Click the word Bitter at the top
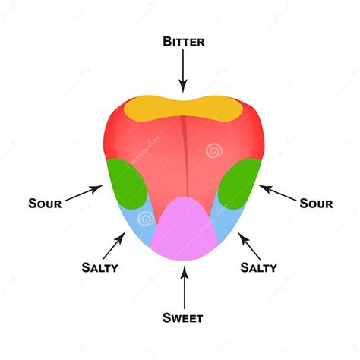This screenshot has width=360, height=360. [184, 42]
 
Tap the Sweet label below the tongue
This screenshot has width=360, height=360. [183, 317]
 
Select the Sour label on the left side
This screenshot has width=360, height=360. [45, 204]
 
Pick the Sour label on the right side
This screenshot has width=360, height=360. [316, 204]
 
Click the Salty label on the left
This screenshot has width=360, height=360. [100, 267]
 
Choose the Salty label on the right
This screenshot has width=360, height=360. [258, 267]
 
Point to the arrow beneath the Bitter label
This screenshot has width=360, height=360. [183, 71]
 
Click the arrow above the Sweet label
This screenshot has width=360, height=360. [185, 288]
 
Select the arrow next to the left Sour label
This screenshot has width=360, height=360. [84, 193]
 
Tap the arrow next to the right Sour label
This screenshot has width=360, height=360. [277, 193]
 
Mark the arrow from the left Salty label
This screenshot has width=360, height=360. [115, 245]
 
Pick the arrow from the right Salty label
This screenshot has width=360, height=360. [249, 245]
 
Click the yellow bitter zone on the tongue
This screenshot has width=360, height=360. [183, 109]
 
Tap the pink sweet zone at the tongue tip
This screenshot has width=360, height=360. [185, 230]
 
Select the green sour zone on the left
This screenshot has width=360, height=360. [126, 184]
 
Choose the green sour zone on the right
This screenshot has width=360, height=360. [239, 184]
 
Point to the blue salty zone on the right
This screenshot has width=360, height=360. [226, 223]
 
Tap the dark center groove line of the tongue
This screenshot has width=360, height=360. [185, 156]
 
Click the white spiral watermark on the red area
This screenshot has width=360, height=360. [214, 151]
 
